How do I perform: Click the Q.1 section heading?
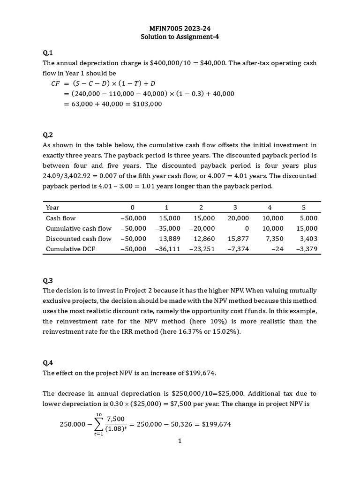coord(48,52)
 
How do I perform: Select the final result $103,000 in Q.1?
coord(147,104)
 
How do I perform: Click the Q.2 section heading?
coord(48,135)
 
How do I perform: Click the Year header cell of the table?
coord(52,207)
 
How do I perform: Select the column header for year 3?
coord(235,207)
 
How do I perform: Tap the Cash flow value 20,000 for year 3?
coord(238,218)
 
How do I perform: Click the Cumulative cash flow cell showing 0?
coord(247,228)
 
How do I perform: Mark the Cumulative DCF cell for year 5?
coord(307,249)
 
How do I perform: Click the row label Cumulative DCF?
coord(70,249)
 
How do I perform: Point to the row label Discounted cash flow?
coord(78,239)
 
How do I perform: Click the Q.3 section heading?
coord(48,281)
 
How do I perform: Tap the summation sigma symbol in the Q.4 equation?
coord(99,424)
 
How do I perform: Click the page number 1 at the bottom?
coord(180,441)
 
